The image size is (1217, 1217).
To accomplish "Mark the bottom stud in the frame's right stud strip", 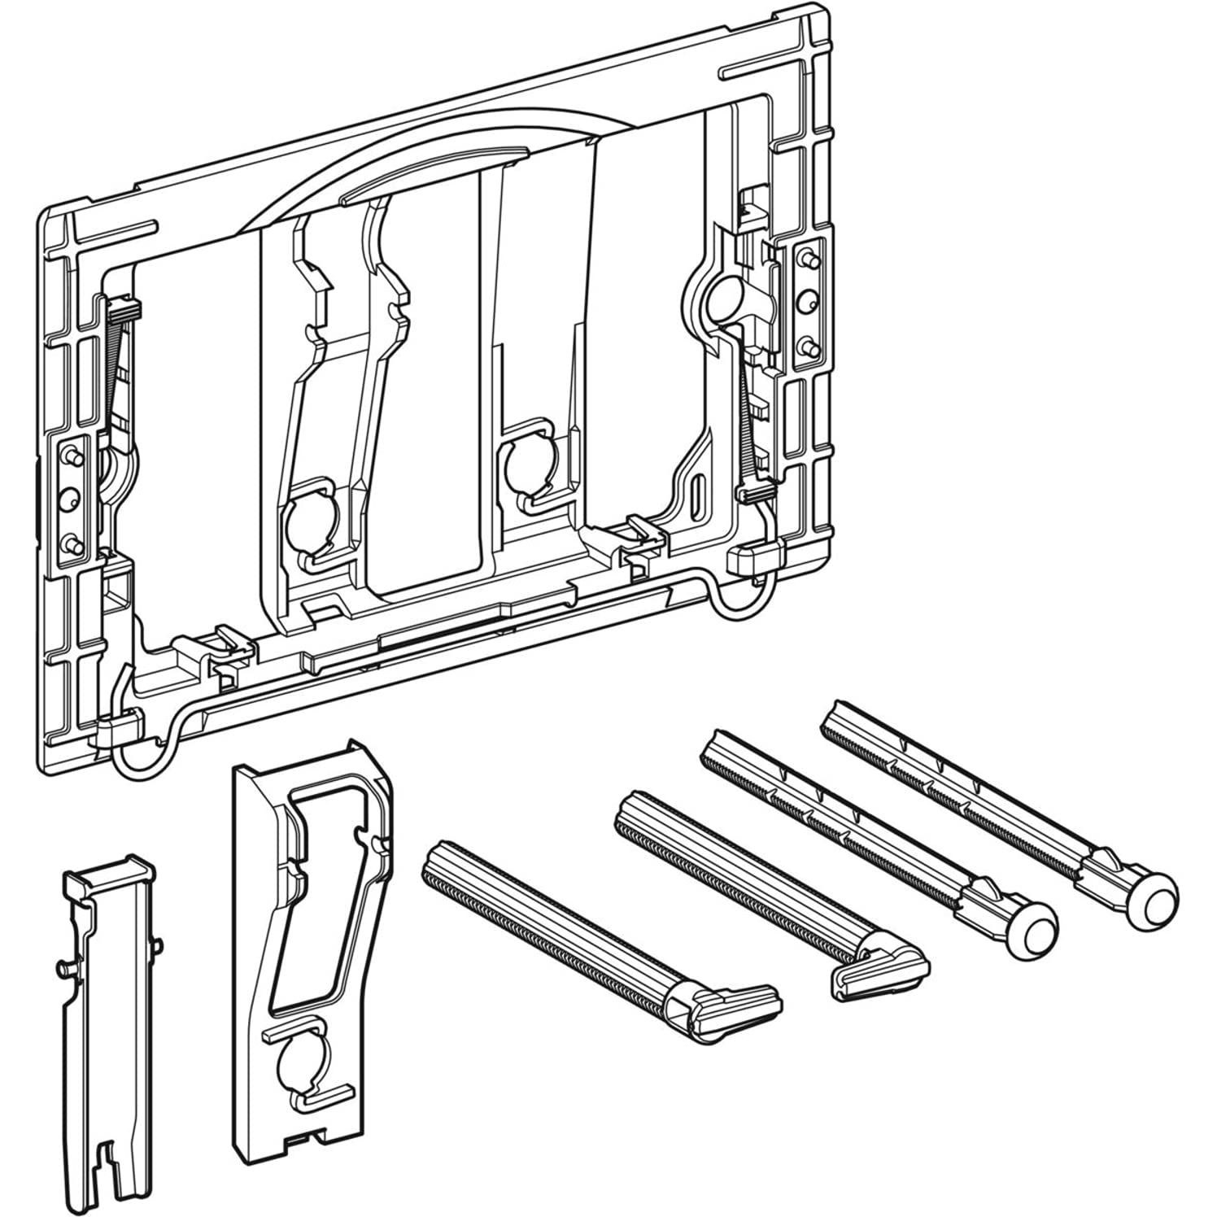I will tap(807, 347).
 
